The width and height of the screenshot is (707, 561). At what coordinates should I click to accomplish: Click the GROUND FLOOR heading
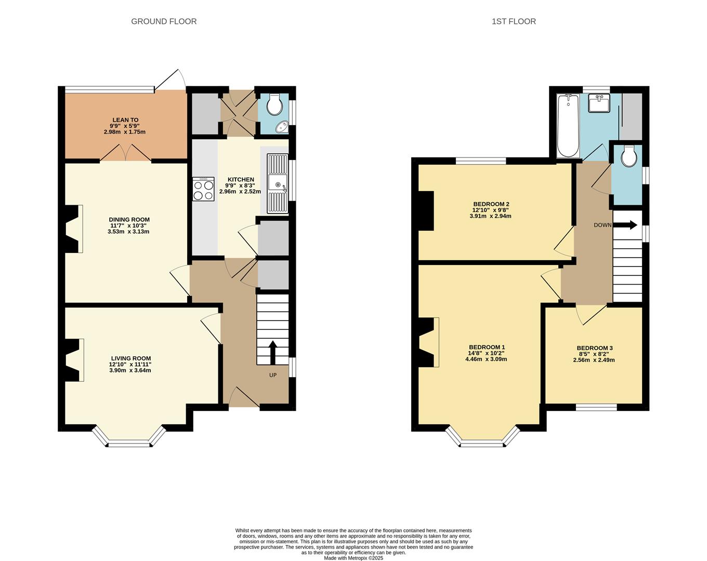[164, 21]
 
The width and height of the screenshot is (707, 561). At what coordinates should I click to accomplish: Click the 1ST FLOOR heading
[514, 21]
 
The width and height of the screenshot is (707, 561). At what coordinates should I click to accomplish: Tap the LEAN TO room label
[125, 120]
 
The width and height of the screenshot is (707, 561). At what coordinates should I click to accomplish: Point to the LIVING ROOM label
[130, 358]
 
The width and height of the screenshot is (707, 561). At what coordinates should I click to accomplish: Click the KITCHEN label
[240, 179]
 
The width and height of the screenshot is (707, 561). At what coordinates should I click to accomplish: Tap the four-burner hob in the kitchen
[203, 189]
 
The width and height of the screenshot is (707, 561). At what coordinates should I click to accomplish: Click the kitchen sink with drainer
[277, 184]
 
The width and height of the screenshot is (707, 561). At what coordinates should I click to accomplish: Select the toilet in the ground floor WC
[274, 106]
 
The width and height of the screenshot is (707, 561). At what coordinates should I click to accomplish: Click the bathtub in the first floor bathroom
[568, 126]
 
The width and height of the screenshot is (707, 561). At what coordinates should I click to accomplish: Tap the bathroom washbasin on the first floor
[599, 103]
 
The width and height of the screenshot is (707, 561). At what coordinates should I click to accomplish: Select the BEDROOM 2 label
[491, 204]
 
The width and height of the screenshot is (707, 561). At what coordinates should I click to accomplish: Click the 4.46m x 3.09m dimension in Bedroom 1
[486, 359]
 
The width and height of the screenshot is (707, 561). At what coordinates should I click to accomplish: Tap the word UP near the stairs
[272, 375]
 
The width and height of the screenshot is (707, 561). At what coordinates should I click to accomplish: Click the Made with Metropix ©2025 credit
[353, 558]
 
